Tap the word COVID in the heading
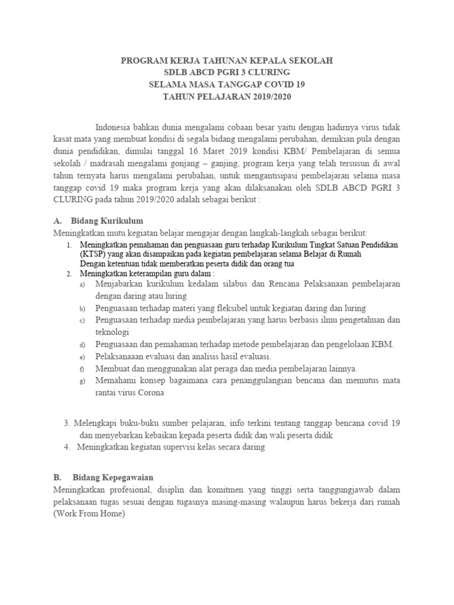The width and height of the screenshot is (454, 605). coord(280,84)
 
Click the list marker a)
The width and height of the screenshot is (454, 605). coord(82,285)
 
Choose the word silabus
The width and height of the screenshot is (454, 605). coord(229,284)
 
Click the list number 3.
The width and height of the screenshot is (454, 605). coord(66,423)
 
